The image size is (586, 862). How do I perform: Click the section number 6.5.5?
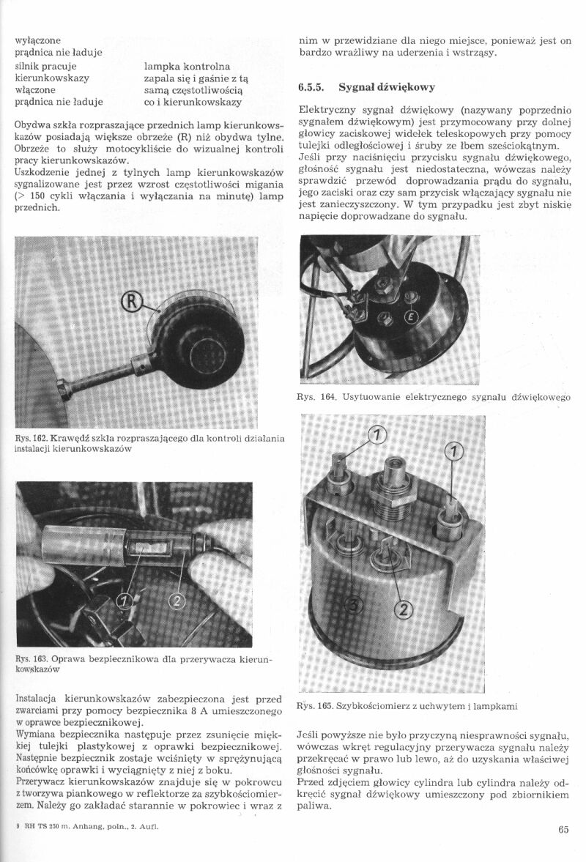(x=312, y=87)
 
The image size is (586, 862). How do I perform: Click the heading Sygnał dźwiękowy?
(x=387, y=87)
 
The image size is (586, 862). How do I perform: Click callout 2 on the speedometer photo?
(x=404, y=609)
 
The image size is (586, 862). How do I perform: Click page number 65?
(x=563, y=830)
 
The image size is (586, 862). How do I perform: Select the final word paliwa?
(x=314, y=806)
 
